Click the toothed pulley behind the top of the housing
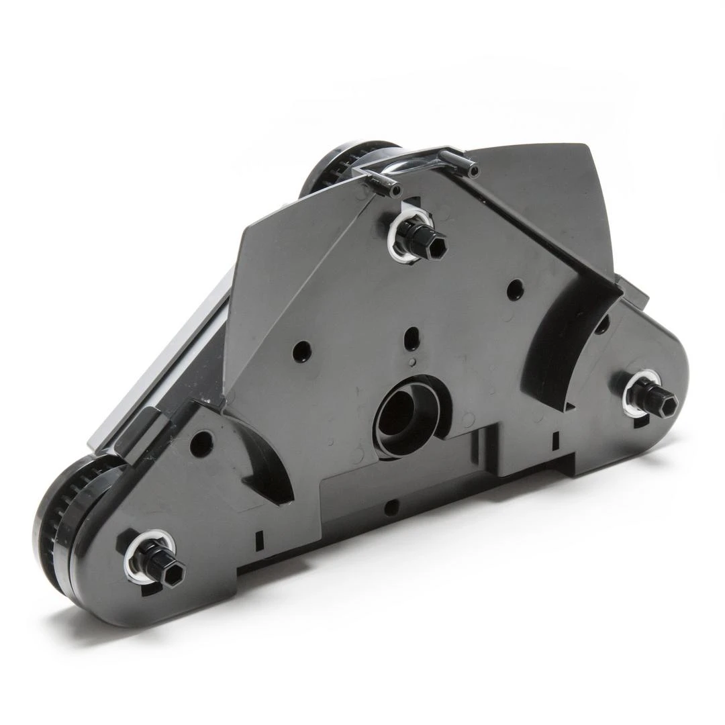point(336,168)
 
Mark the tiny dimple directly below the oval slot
point(412,362)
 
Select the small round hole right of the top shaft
point(515,289)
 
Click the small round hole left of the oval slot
point(302,351)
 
